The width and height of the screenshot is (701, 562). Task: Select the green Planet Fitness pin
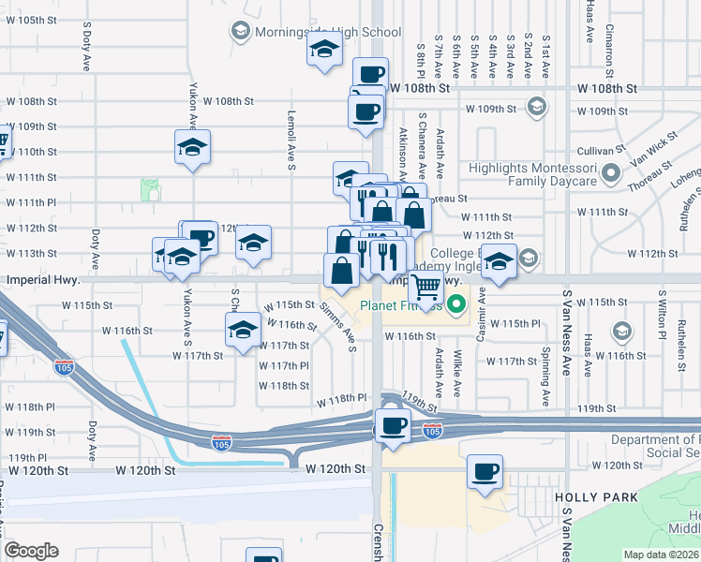pos(457,303)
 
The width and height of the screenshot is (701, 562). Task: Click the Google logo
pos(32,551)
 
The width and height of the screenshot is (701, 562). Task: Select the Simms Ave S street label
pos(339,327)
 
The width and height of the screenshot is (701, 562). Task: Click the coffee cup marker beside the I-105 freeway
pos(393,423)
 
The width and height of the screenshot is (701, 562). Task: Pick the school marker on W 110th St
pos(192,147)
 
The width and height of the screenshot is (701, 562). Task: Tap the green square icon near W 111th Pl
pos(150,190)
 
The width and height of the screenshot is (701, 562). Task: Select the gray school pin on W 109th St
pos(537,106)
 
